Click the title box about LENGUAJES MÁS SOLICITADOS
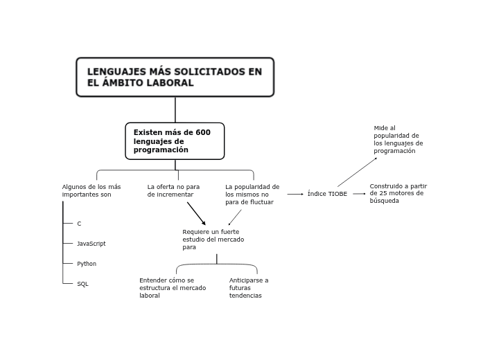click(175, 77)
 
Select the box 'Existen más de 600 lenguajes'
click(175, 141)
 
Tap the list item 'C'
click(79, 224)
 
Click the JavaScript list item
click(91, 244)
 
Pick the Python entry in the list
click(87, 264)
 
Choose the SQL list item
click(82, 284)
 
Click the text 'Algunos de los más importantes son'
click(91, 190)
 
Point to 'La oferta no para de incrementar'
click(173, 190)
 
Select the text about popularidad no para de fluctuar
click(252, 195)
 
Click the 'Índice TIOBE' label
click(327, 194)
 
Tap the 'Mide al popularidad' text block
click(398, 139)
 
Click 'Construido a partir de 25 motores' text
click(398, 193)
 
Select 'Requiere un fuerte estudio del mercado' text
click(213, 239)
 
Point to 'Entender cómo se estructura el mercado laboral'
click(173, 287)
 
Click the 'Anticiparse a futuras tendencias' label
click(249, 287)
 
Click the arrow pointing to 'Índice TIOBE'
click(295, 194)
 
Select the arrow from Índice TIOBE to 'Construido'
click(359, 194)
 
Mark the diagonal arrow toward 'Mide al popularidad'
click(358, 172)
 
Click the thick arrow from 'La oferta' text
click(196, 213)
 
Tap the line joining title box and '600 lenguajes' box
click(175, 109)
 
